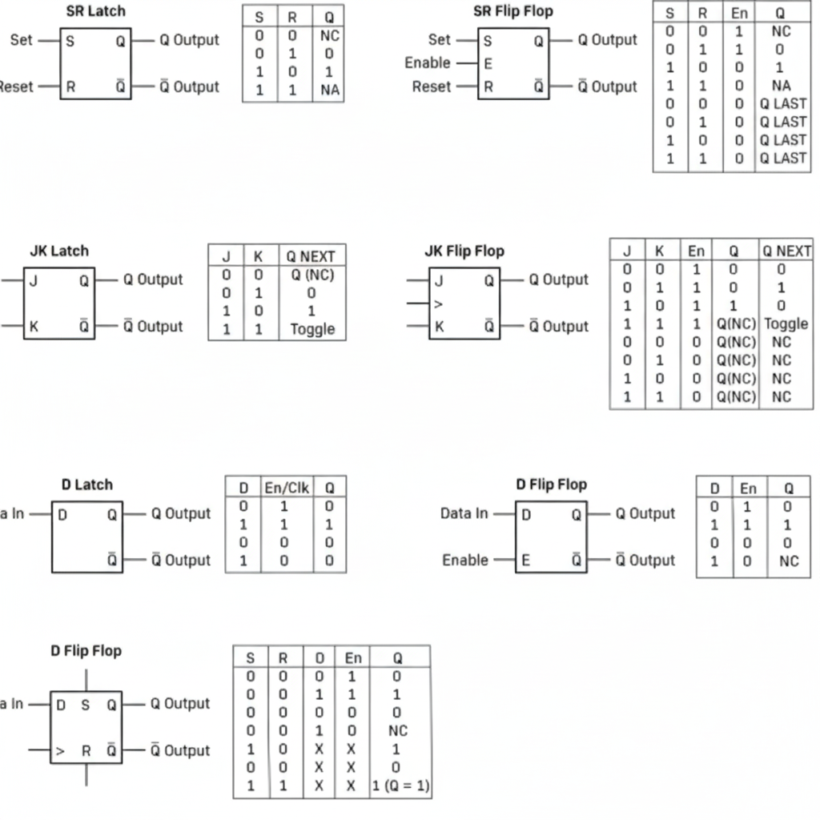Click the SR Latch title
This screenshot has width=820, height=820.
pos(95,11)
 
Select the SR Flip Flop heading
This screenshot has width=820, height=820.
pos(512,11)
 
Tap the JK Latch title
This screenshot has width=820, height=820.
pos(59,251)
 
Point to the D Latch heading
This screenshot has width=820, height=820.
pos(86,484)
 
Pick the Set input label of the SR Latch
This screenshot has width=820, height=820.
pos(22,39)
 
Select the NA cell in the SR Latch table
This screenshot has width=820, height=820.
pos(330,90)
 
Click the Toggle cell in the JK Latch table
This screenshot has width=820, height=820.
pos(312,329)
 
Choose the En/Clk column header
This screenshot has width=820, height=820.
pos(286,487)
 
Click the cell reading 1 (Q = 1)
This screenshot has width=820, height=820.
pos(401,786)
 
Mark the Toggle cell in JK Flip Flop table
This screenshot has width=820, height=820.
pos(786,324)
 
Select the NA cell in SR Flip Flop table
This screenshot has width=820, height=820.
pos(781,85)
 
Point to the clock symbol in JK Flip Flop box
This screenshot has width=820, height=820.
pos(438,304)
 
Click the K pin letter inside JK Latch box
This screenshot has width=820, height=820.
pos(34,327)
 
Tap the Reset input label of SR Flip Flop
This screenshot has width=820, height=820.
pos(432,86)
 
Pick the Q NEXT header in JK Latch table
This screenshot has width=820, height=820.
pos(312,256)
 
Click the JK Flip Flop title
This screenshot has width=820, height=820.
pos(464,251)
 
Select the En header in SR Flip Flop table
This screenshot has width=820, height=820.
pos(739,13)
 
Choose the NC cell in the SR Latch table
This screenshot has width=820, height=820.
pos(330,36)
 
